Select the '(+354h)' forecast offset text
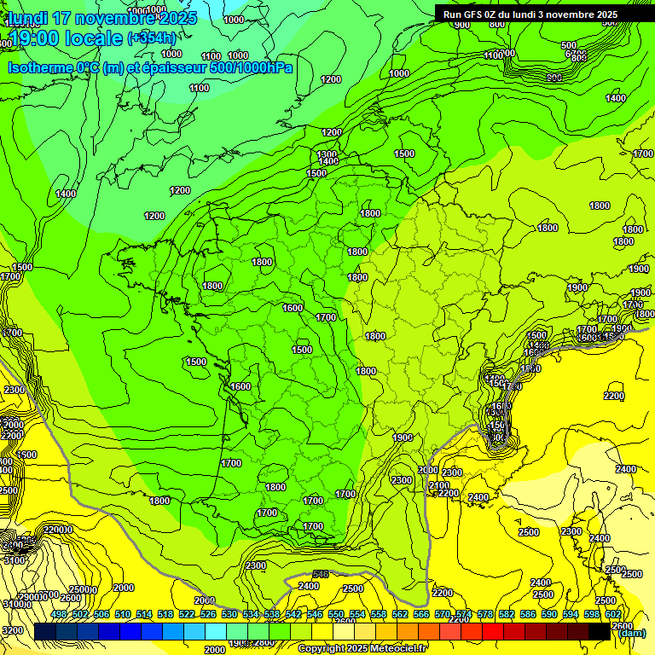[x=152, y=38]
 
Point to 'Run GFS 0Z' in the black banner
[x=472, y=14]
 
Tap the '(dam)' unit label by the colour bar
[x=631, y=632]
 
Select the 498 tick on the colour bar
[x=59, y=614]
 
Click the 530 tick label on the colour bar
[x=229, y=614]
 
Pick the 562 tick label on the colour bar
[x=400, y=614]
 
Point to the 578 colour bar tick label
[x=485, y=614]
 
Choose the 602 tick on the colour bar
[x=613, y=614]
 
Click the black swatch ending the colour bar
[x=600, y=631]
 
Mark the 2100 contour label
[x=438, y=485]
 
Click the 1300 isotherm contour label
[x=327, y=154]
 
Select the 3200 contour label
[x=12, y=630]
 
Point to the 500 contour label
[x=569, y=45]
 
